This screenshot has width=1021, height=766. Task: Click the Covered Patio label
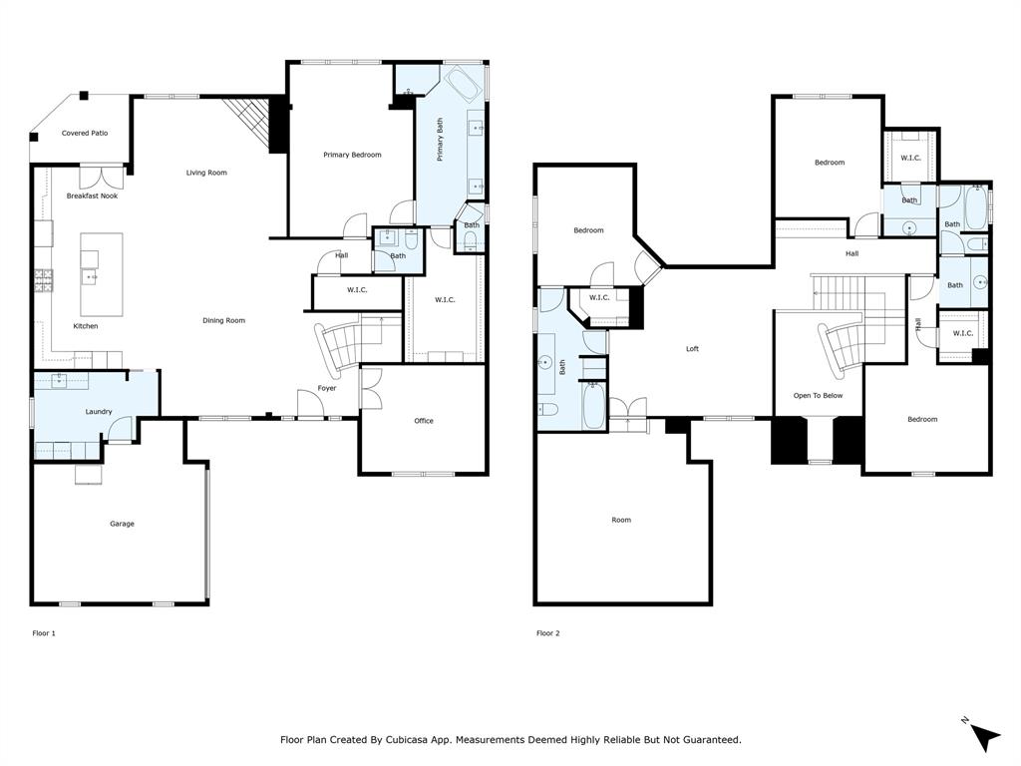coord(85,133)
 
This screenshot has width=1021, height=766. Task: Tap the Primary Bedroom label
coord(352,155)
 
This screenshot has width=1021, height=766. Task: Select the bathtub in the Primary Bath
coord(463,84)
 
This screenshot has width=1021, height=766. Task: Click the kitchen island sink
coord(90,278)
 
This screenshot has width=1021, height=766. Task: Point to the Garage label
coord(122,524)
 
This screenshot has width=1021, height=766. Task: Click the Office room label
coord(424,421)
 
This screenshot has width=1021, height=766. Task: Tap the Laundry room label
coord(99,412)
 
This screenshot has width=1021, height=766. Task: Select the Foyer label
coord(327,388)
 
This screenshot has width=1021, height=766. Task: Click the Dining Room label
coord(224,320)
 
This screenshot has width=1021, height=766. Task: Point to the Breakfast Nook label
coord(93,196)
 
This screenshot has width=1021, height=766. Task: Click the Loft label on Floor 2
coord(692,349)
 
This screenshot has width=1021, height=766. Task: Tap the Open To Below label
coord(818,395)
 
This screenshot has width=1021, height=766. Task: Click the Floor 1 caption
coord(44,633)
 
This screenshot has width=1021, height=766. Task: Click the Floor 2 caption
coord(548,633)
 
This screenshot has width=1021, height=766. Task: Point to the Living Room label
coord(206,173)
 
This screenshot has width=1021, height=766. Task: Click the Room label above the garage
coord(621,520)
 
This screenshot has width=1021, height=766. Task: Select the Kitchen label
coord(86,326)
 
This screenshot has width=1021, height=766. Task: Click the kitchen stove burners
coord(44,280)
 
